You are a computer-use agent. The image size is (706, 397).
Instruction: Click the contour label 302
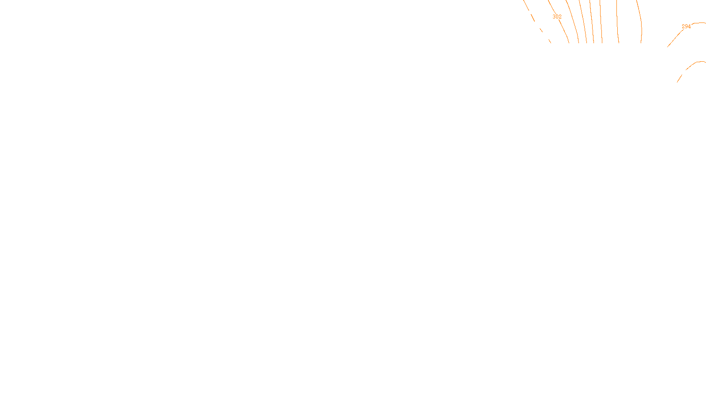tap(557, 17)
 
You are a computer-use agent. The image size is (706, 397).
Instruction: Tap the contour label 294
tap(686, 26)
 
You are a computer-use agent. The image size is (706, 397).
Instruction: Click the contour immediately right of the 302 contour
tap(574, 22)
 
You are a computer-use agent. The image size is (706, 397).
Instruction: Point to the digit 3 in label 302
tap(554, 17)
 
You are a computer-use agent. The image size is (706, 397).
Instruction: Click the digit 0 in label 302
tap(557, 17)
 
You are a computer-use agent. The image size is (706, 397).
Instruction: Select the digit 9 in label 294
tap(686, 26)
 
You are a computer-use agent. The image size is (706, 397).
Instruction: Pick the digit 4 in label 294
tap(689, 26)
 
